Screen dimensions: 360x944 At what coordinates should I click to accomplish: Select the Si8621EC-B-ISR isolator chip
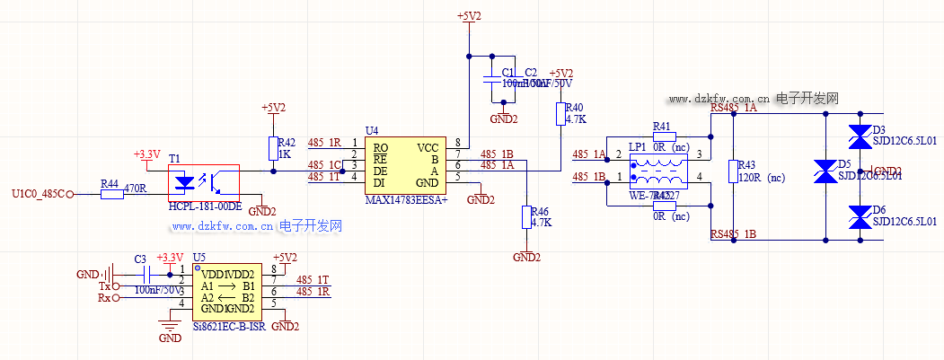pos(227,293)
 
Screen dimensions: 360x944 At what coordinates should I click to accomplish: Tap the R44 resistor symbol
pos(110,193)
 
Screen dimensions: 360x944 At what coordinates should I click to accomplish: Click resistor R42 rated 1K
pos(273,148)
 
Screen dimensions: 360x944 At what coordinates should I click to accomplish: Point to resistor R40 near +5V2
pos(561,114)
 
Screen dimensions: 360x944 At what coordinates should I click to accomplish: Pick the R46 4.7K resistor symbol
pos(526,217)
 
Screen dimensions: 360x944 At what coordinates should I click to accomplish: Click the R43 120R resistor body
pos(733,171)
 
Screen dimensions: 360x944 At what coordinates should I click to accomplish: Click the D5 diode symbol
pos(825,171)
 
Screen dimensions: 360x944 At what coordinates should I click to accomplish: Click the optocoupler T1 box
pos(204,182)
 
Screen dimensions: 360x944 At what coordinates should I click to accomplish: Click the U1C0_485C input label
pos(39,194)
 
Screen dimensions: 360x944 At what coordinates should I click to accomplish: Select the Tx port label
pos(104,285)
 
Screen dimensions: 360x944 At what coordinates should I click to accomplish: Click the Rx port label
pos(104,298)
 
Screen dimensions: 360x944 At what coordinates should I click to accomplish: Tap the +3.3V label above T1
pos(146,154)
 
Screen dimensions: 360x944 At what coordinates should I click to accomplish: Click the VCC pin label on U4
pos(428,146)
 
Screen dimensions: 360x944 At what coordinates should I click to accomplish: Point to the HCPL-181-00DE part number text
pos(206,207)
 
